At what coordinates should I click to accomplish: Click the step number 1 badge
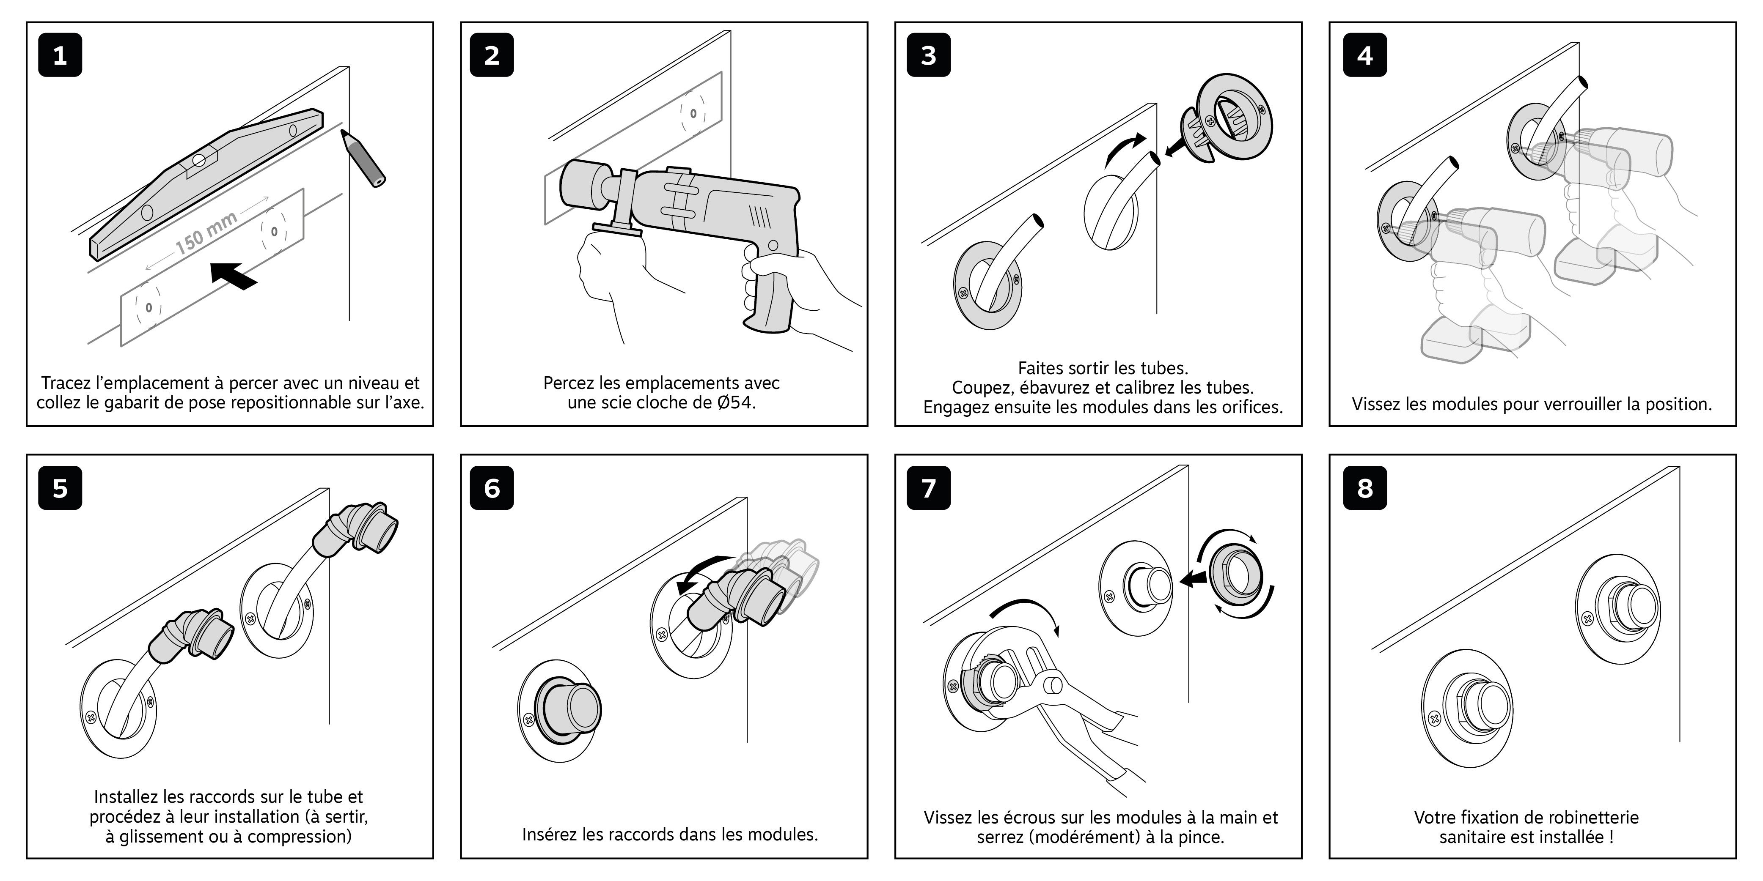60,55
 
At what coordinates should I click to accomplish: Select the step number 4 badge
1365,55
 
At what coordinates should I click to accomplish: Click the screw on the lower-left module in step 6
528,720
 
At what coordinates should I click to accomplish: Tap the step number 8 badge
1365,488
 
